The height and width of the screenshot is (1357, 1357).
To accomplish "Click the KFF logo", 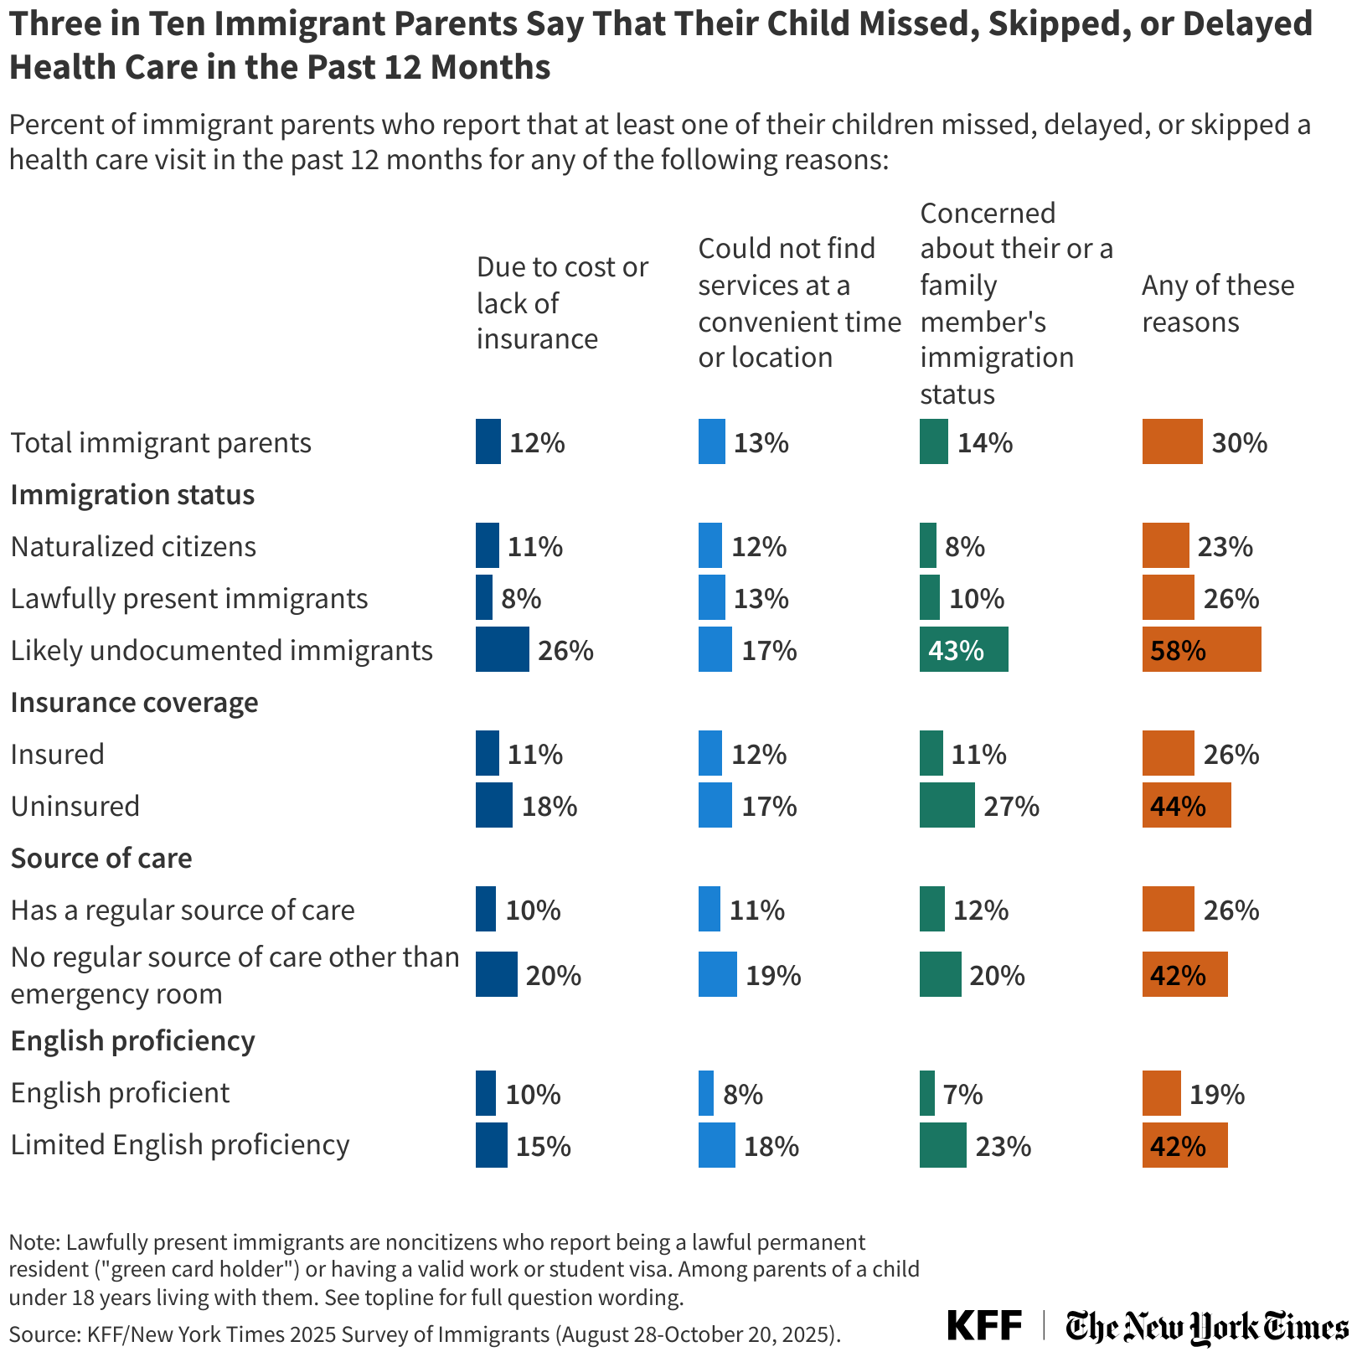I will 984,1326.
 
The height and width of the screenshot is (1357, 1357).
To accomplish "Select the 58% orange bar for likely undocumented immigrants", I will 1201,649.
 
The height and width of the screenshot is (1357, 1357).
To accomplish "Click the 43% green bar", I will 963,649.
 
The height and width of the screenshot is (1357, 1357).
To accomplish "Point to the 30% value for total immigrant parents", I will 1239,442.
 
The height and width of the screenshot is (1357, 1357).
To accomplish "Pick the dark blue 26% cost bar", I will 502,649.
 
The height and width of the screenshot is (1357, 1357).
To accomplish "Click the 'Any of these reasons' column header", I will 1217,303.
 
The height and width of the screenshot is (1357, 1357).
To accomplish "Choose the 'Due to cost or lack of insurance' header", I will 561,302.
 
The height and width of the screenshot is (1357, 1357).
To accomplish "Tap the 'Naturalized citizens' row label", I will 133,546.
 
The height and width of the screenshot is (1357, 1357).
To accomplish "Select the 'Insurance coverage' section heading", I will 134,702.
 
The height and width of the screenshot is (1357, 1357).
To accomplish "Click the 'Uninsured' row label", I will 75,806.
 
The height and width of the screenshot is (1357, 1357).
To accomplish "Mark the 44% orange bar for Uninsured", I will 1186,805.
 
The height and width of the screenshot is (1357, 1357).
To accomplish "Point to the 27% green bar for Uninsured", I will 947,805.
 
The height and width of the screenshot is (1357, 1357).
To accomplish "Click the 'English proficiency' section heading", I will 132,1040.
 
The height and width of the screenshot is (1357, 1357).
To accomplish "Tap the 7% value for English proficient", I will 962,1094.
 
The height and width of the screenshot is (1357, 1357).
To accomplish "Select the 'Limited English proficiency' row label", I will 179,1144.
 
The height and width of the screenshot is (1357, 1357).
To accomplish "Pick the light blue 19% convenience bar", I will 717,974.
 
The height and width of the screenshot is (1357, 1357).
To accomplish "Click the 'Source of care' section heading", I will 101,858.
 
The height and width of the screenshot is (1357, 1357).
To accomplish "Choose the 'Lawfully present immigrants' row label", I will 189,598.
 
